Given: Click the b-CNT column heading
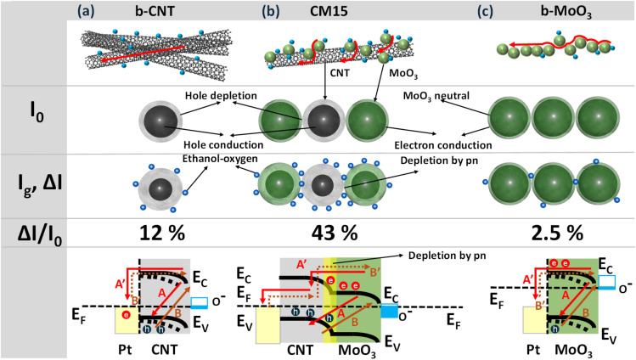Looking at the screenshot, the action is pyautogui.click(x=155, y=11).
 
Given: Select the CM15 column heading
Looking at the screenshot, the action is pyautogui.click(x=329, y=11).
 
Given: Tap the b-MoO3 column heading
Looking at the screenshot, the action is pyautogui.click(x=566, y=12).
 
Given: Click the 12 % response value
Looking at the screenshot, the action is pyautogui.click(x=162, y=233).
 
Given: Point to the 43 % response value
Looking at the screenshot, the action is pyautogui.click(x=335, y=233).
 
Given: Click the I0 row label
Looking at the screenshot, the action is pyautogui.click(x=37, y=115).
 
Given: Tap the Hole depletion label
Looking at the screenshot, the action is pyautogui.click(x=221, y=96).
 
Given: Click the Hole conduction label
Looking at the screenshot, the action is pyautogui.click(x=223, y=144).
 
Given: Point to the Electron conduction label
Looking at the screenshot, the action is pyautogui.click(x=443, y=145).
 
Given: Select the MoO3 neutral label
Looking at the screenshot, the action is pyautogui.click(x=436, y=97).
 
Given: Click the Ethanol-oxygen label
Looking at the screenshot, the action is pyautogui.click(x=220, y=159).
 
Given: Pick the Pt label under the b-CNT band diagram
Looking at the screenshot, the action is pyautogui.click(x=125, y=349).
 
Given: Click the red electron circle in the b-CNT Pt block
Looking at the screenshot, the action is pyautogui.click(x=127, y=315).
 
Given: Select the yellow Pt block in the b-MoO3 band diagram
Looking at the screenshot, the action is pyautogui.click(x=535, y=320).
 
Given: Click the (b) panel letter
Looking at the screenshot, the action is pyautogui.click(x=271, y=11).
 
